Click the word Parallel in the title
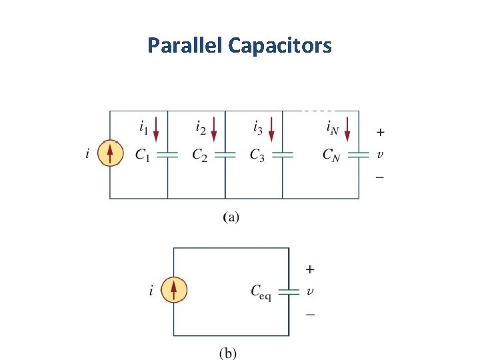coord(185,46)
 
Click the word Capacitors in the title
coord(279,46)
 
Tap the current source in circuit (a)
coord(111,154)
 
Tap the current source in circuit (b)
coord(174,290)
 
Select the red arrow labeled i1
coord(156,129)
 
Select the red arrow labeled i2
coord(213,129)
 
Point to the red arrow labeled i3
coord(271,129)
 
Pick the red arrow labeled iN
coord(347,129)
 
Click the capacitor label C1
coord(142,155)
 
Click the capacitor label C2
coord(199,155)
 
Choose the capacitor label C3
coord(257,155)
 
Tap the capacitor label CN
coord(331,155)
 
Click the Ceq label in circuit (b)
coord(261,291)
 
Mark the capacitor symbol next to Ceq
coord(289,291)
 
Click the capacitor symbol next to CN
coord(359,154)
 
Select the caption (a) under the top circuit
coord(230,217)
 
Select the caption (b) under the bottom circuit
coord(228,353)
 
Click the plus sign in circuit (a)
coord(379,132)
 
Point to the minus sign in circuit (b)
coord(311,313)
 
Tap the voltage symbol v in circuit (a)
coord(379,155)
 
